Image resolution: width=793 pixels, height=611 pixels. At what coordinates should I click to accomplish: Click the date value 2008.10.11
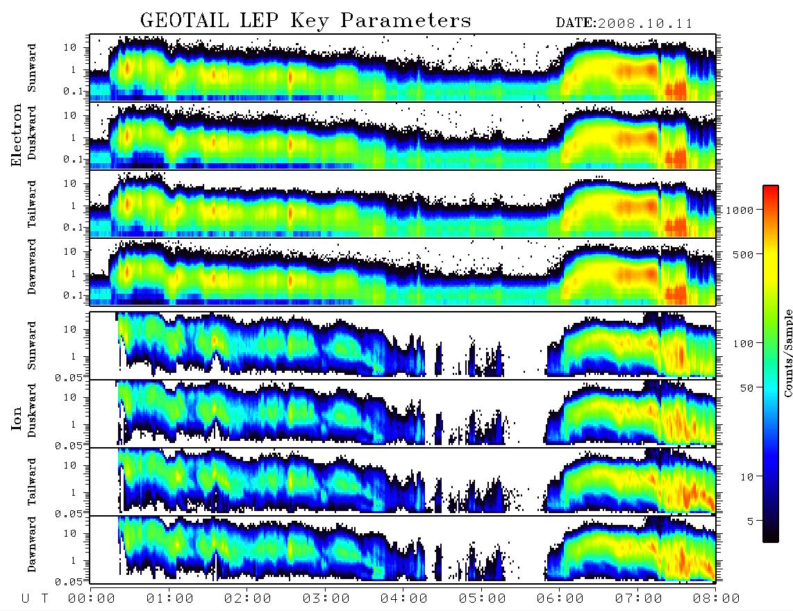645,24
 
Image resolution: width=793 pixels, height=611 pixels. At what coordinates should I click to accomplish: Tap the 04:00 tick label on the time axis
403,599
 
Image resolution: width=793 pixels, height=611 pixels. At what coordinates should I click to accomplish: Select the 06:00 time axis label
560,599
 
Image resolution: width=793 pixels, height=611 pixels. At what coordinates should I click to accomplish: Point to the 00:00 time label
92,599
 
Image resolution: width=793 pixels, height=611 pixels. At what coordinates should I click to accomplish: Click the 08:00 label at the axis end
716,599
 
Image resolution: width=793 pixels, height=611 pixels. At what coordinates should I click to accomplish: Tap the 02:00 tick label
248,599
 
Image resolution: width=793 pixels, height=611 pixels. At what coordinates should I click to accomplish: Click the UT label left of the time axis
35,599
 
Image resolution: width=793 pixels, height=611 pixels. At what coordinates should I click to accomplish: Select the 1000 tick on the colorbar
740,210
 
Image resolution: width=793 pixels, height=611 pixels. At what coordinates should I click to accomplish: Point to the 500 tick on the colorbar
744,254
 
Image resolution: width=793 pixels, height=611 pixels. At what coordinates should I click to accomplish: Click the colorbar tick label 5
751,521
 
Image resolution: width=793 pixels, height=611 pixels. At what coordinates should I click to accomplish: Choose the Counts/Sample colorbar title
787,353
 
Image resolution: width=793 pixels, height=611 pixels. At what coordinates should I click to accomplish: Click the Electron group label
17,135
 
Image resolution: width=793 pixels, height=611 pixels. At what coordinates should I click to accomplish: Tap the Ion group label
17,419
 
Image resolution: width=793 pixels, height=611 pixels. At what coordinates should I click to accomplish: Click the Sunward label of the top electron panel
32,68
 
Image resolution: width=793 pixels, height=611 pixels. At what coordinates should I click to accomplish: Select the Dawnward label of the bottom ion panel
32,544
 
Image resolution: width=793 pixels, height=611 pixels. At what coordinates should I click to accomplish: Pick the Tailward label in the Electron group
32,204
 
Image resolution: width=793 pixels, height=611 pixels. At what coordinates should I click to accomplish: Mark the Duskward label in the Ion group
32,410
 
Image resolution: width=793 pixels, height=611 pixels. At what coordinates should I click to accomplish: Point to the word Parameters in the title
406,21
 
